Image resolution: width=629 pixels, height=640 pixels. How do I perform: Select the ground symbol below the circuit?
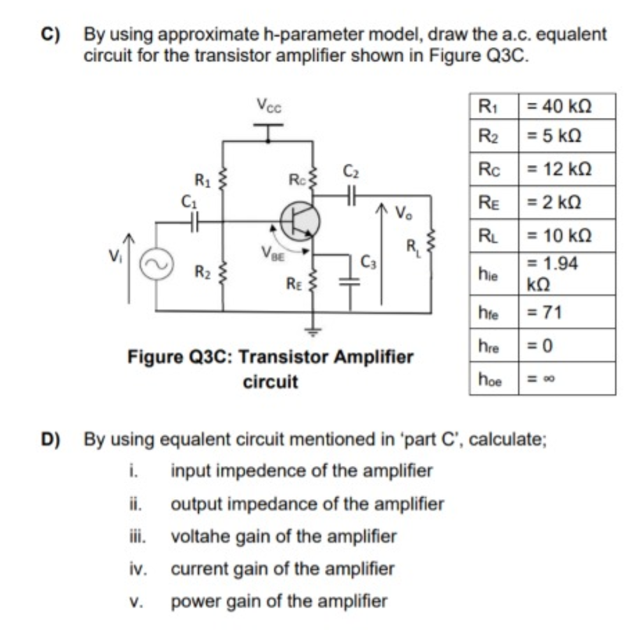(x=313, y=331)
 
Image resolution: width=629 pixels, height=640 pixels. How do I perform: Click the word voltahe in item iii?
(x=198, y=536)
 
